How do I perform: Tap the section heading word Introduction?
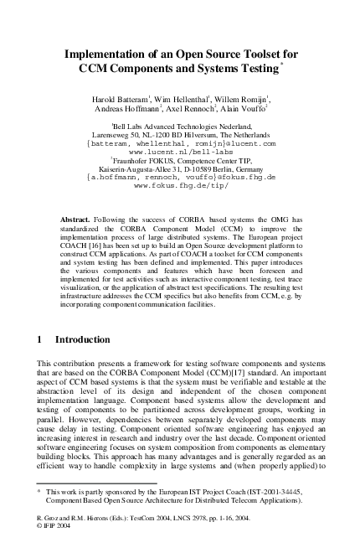(x=82, y=339)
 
